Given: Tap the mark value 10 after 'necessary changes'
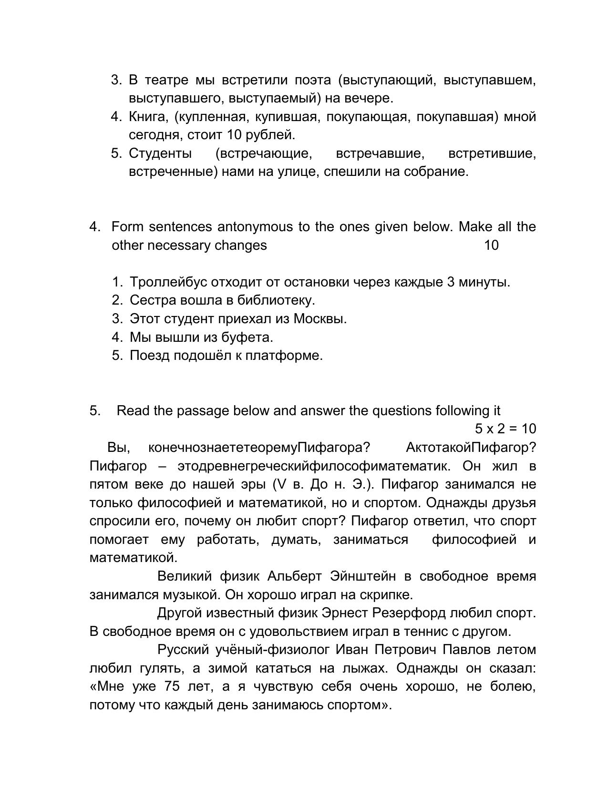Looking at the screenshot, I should [x=491, y=245].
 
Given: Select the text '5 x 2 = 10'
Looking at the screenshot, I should [x=505, y=429].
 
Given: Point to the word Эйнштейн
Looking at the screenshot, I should [x=362, y=576].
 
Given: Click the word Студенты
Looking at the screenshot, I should [x=160, y=153].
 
